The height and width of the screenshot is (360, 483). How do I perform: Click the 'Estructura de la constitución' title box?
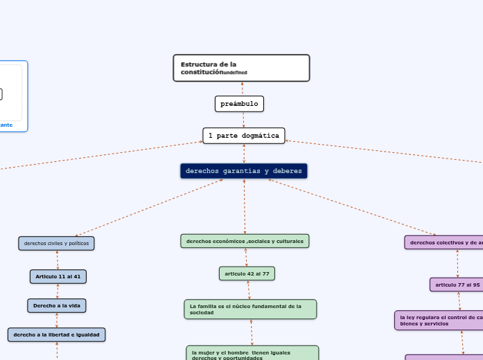tap(241, 68)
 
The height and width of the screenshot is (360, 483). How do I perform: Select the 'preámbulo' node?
tap(239, 104)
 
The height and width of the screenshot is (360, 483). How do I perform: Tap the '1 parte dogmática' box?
tap(244, 136)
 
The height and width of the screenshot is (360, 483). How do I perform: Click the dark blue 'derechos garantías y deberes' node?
tap(244, 170)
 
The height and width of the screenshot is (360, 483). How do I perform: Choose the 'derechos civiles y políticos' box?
tap(56, 243)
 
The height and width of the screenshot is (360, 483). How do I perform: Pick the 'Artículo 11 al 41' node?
tap(58, 276)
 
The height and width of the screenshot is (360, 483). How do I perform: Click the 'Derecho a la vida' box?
tap(57, 305)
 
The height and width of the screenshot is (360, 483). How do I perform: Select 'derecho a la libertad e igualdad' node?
tap(57, 335)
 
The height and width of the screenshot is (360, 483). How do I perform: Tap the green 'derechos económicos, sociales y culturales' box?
tap(245, 241)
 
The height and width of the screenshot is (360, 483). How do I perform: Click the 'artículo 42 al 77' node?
tap(247, 273)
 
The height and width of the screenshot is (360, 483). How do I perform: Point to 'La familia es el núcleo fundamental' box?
tap(250, 309)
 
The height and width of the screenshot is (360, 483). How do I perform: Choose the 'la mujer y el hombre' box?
tap(252, 353)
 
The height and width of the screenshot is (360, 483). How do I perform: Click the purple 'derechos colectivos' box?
tap(444, 242)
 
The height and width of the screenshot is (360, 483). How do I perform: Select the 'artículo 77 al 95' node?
tap(457, 285)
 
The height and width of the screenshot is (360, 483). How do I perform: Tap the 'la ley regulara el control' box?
tap(439, 320)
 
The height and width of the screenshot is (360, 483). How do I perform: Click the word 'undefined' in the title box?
tap(236, 73)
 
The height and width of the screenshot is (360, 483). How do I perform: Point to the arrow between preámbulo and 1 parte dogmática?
tap(243, 120)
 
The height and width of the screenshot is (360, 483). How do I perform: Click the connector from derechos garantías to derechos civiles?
tap(149, 208)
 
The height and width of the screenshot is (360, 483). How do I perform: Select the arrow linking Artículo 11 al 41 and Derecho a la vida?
tap(58, 291)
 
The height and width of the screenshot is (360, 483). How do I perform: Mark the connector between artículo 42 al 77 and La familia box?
tap(249, 290)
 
